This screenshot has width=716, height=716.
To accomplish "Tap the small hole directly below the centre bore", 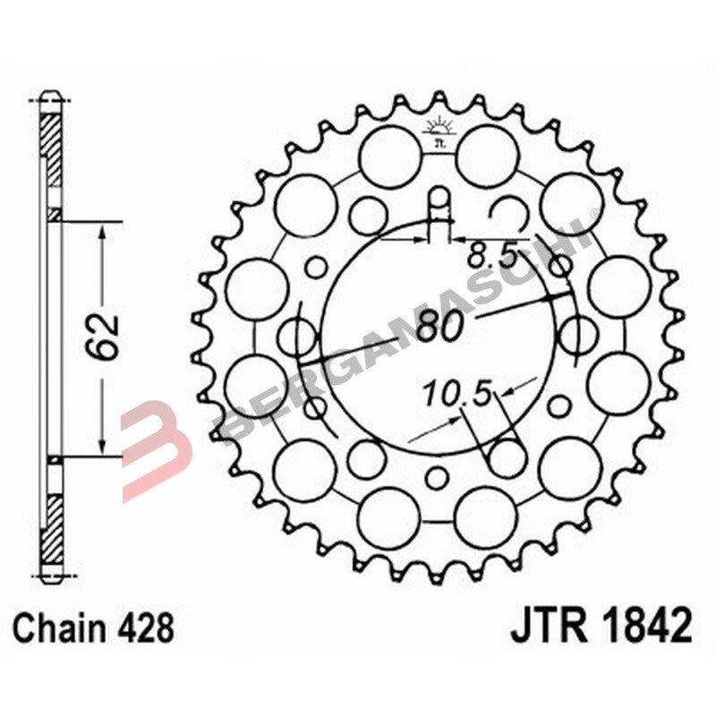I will point(437,476).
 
